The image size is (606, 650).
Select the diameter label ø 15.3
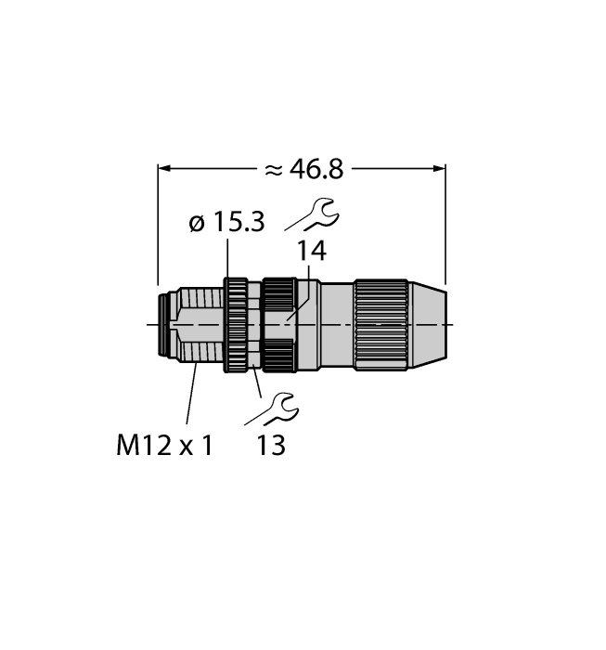(x=226, y=223)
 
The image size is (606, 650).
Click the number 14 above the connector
(x=311, y=252)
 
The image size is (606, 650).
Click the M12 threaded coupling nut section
(x=197, y=324)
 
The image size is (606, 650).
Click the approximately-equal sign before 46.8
(x=273, y=170)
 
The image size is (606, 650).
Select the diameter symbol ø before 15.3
(x=195, y=223)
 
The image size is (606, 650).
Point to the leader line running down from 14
(x=297, y=292)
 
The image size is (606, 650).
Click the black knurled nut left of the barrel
(x=277, y=324)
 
